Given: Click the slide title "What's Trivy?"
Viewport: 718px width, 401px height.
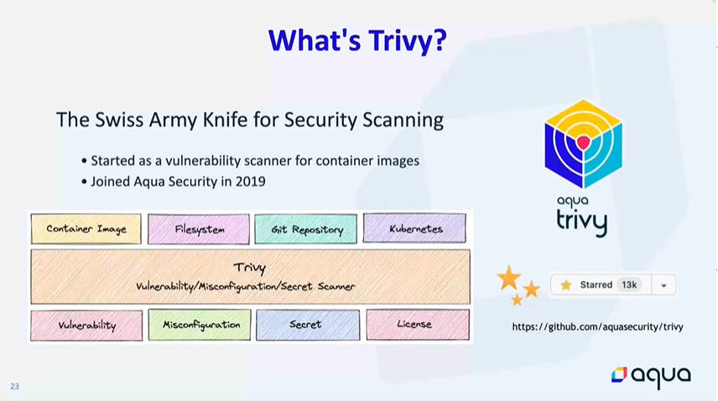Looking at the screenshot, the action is pos(357,41).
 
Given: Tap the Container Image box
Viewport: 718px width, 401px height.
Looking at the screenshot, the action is pos(86,228).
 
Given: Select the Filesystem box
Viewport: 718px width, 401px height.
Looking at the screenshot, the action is pos(199,229).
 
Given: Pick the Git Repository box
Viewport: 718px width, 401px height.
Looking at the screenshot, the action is pos(306,229).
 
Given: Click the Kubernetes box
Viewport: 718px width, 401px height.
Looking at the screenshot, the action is pos(414,228).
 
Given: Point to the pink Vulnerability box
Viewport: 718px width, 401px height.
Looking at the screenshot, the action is pos(86,325).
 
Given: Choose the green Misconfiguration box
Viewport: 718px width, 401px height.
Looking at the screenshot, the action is pos(200,325).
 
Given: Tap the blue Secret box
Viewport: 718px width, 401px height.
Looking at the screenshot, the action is pos(308,325).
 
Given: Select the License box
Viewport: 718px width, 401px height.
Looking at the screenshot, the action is pos(418,324).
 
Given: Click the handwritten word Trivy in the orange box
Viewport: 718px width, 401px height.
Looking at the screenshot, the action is pos(250,268).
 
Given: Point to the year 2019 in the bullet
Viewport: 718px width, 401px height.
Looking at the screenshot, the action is pos(251,181).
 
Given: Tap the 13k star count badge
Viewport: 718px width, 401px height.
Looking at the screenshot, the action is pos(629,284).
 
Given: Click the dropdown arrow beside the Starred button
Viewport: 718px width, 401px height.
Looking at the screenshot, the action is pos(663,285).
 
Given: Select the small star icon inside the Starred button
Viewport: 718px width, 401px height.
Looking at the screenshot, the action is pos(566,285).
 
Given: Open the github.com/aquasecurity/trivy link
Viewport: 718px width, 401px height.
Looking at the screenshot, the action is pos(597,326).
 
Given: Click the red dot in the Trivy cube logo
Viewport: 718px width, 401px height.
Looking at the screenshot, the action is pos(583,143).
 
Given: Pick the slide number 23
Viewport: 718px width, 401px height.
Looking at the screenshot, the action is pos(14,386).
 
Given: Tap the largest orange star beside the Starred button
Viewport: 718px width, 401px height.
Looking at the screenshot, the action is pos(509,278).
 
